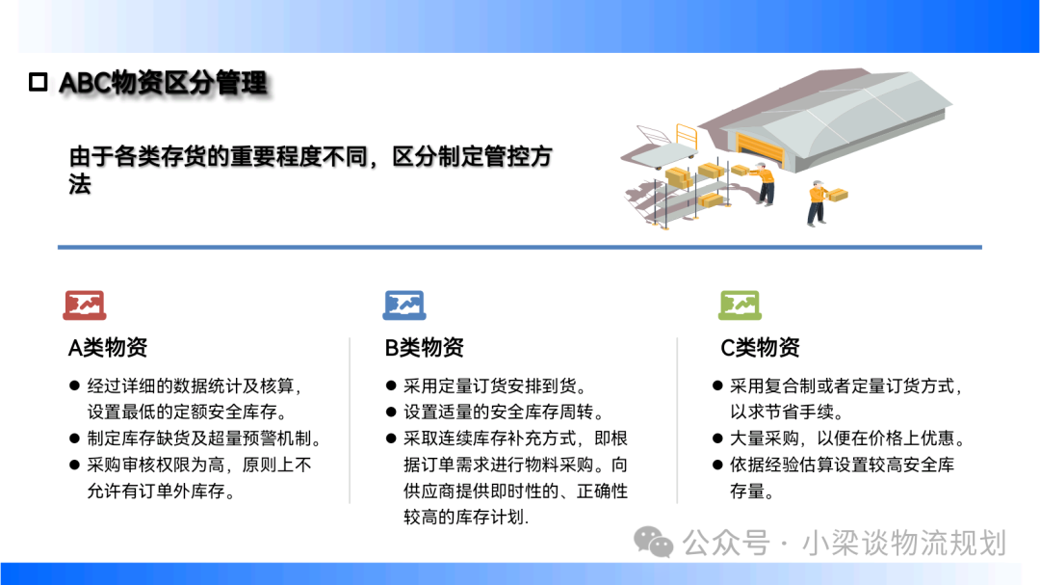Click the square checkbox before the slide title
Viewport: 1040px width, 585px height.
(x=39, y=82)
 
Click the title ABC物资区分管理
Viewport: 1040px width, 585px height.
(x=163, y=83)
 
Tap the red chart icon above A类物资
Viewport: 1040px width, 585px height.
(x=84, y=306)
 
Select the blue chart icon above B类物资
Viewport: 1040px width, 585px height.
(x=403, y=306)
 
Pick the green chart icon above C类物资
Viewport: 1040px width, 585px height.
(x=740, y=306)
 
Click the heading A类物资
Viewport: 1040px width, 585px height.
(x=108, y=347)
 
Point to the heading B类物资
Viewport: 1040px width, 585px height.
(x=425, y=347)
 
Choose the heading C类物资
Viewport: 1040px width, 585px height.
(x=760, y=347)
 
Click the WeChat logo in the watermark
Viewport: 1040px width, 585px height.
(x=653, y=543)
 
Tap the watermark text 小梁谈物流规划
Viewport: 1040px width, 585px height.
(x=904, y=544)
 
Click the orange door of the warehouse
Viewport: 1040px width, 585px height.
(x=760, y=148)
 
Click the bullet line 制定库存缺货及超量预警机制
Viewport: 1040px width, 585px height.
(x=205, y=439)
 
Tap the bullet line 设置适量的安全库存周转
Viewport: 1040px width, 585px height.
(x=504, y=412)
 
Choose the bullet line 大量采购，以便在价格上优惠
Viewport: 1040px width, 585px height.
(x=847, y=439)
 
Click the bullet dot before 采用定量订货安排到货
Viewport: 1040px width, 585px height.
(x=391, y=386)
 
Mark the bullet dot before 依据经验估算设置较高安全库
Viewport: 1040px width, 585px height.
(x=717, y=465)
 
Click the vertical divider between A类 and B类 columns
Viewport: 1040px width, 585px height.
(x=350, y=420)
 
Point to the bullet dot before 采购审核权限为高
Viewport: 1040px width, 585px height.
(x=74, y=465)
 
